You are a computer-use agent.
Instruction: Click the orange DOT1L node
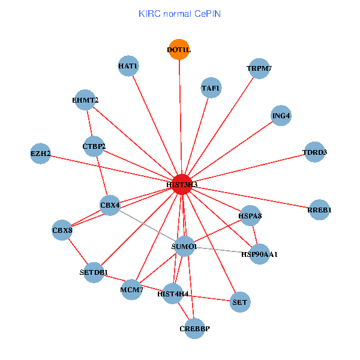point(179,50)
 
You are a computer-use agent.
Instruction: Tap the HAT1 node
point(128,66)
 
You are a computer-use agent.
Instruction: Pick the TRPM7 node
point(259,68)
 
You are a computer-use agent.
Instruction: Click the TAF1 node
point(211,88)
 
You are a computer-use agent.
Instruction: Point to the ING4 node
point(281,116)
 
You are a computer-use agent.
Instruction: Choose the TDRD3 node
point(315,152)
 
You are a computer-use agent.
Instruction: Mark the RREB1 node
point(319,210)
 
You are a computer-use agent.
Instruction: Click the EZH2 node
point(40,154)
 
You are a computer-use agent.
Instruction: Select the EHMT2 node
point(85,100)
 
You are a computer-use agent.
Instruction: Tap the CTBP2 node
point(94,146)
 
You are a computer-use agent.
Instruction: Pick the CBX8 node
point(62,230)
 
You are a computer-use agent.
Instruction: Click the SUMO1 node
point(184,246)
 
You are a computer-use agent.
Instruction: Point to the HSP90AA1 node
point(260,254)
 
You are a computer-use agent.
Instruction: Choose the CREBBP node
point(194,328)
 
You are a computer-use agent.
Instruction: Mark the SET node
point(240,302)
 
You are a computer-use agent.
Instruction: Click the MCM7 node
point(132,290)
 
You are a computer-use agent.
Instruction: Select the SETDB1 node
point(94,273)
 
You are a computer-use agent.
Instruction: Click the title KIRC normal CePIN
point(179,13)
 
